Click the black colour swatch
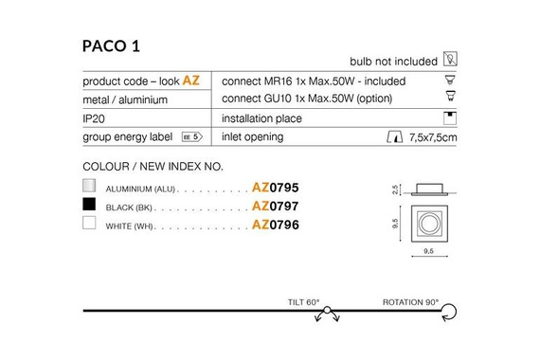90,205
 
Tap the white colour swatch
90,225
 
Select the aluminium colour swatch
90,186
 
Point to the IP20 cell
96,118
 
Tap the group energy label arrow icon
192,137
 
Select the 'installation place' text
261,118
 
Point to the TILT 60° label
304,303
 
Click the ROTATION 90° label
410,303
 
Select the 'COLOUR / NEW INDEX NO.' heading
153,167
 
